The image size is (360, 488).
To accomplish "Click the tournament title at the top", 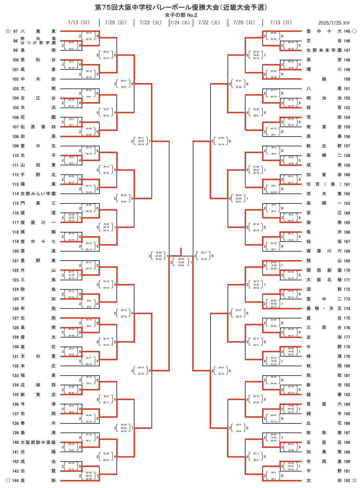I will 181,7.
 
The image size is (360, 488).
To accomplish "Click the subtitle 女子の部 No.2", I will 181,15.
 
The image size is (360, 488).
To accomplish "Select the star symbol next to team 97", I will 8,31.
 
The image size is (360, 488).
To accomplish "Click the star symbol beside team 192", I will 354,480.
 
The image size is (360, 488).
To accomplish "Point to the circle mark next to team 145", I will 354,31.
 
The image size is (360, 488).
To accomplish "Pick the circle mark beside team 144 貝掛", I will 8,480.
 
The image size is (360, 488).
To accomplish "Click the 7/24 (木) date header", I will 180,22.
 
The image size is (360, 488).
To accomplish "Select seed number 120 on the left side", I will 15,251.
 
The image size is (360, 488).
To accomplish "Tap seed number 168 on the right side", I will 347,251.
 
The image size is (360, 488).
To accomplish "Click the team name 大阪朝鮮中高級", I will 38,442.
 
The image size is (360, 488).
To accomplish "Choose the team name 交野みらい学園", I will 38,193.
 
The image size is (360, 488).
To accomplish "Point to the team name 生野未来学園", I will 324,50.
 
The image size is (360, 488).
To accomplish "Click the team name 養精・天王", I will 324,308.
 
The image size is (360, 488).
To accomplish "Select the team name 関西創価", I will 324,270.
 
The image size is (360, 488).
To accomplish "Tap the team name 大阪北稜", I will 324,280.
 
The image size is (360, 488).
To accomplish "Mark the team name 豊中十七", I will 38,241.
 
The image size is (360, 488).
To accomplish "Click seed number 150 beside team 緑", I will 347,79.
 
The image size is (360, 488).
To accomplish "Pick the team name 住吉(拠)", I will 324,184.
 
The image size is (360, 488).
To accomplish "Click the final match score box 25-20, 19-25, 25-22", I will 181,262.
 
